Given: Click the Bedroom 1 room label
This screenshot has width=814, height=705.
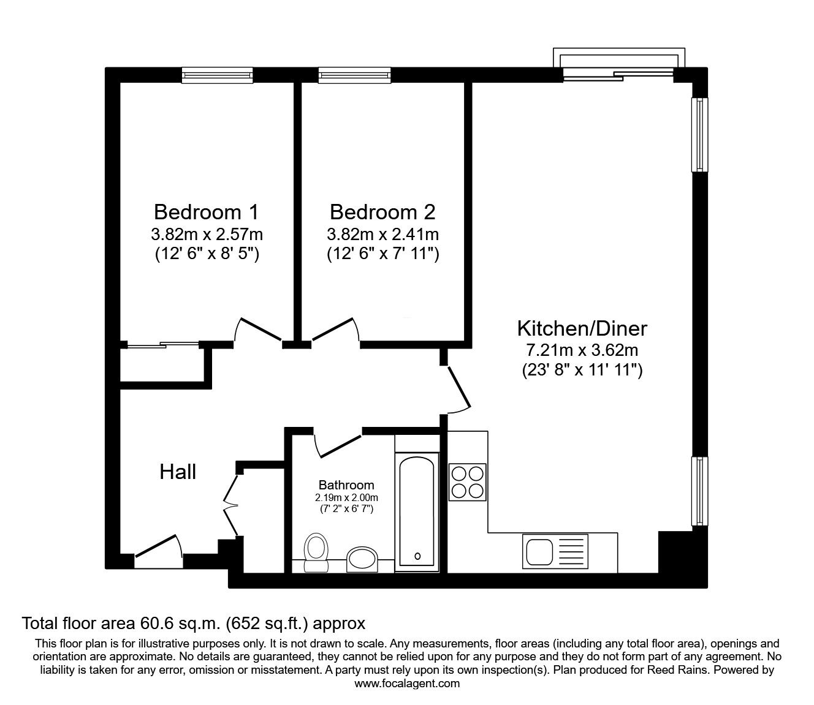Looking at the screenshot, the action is point(206,212).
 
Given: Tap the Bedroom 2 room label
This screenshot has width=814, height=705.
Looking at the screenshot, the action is point(382,212).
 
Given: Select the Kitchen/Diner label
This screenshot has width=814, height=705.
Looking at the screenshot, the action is point(582,329).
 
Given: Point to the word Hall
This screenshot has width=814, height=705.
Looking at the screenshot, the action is point(178,472).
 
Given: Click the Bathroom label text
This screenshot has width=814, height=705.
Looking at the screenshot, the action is point(346,485).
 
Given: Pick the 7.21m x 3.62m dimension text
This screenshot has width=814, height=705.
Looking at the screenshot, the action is point(582,350).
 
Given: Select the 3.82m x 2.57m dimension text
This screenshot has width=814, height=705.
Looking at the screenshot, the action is point(207,235).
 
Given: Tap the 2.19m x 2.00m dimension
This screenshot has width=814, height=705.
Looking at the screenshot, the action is point(346,498).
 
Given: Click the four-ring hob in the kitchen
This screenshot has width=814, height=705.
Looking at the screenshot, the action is point(468,482).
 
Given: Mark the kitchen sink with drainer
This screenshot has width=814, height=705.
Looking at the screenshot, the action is point(555,551).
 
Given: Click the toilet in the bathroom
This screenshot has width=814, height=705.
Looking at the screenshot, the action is point(316,552).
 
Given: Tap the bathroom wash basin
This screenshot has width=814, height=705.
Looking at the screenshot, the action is point(362,559).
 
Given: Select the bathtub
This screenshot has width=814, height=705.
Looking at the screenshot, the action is point(417,511).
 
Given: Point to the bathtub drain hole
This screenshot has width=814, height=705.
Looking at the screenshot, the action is point(417,556).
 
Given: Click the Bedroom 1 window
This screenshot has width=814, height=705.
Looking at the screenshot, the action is point(217,75).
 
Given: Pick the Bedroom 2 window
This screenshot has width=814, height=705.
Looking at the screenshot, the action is point(354,75).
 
